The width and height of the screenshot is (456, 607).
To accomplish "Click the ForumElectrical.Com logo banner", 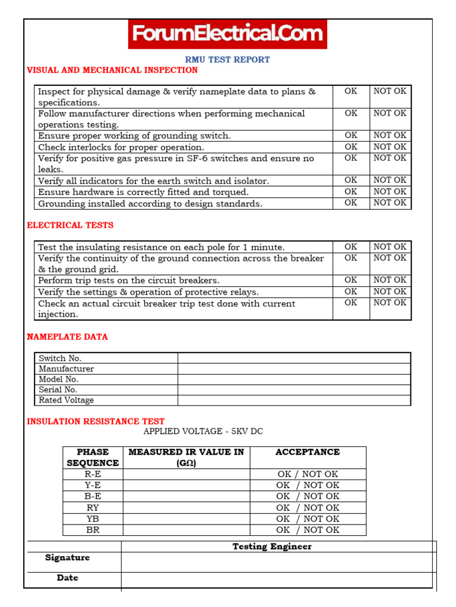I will click(x=227, y=34).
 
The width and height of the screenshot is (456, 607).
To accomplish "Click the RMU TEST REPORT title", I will click(x=227, y=60).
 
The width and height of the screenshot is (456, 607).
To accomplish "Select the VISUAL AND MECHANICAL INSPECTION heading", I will click(x=112, y=70).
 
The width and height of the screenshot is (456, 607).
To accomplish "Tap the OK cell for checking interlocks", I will click(x=351, y=147).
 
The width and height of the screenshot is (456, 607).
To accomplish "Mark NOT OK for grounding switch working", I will click(x=390, y=136).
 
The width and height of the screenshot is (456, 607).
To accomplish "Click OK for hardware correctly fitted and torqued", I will click(x=351, y=192).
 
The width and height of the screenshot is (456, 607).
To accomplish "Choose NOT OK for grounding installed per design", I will click(x=390, y=203).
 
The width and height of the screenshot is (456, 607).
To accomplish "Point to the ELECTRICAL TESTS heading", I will click(x=70, y=225).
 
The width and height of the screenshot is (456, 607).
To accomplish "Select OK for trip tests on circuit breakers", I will click(x=351, y=280).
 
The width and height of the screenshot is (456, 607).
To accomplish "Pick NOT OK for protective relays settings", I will click(x=390, y=292).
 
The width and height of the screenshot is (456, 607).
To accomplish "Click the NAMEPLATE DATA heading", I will click(x=68, y=337).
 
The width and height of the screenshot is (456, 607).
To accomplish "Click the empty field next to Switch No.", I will click(x=294, y=358).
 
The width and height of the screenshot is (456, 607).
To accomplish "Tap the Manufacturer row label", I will click(x=66, y=369).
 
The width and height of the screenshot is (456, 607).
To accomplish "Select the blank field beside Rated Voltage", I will click(x=294, y=400).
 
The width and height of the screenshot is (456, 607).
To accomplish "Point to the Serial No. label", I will click(x=58, y=389).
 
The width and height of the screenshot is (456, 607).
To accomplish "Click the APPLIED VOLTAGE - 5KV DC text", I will click(x=203, y=432).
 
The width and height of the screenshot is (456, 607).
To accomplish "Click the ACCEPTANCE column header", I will click(x=308, y=452).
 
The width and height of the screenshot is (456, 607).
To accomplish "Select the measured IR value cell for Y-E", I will click(x=186, y=485).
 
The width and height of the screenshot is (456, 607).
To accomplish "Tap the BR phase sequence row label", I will click(x=93, y=530).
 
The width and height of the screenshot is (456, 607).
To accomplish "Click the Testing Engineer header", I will click(x=272, y=547).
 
